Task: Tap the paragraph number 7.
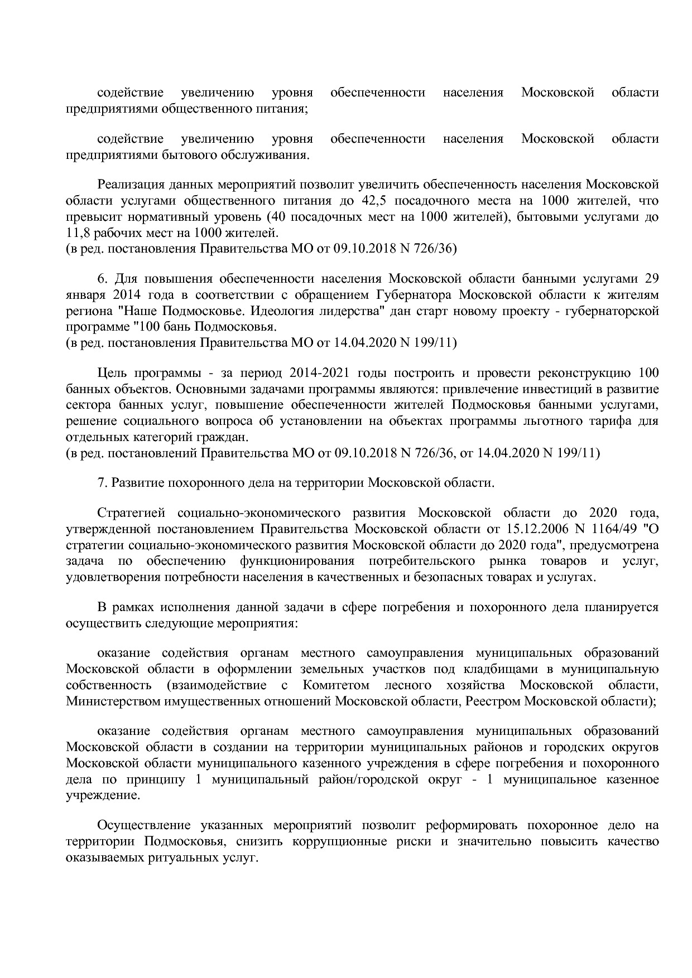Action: (x=101, y=483)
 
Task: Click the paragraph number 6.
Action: (x=101, y=278)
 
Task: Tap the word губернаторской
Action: (x=611, y=311)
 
